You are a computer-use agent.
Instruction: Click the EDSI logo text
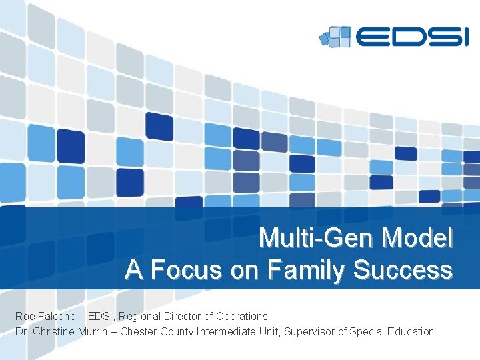(x=412, y=36)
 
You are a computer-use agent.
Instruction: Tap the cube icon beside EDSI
(x=335, y=36)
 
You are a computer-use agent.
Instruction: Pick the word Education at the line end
(x=410, y=331)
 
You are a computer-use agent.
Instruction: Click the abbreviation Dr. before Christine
(x=22, y=331)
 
